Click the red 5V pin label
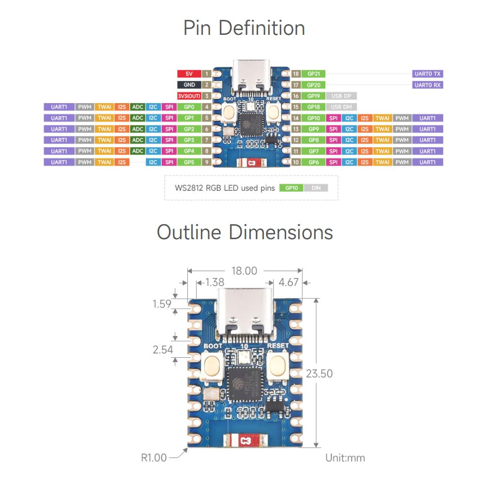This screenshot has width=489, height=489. click(x=189, y=74)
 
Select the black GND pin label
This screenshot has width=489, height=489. click(x=189, y=85)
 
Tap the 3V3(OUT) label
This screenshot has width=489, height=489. click(x=189, y=96)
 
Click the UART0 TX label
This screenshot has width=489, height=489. click(x=428, y=74)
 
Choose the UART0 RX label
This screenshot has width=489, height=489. click(x=428, y=85)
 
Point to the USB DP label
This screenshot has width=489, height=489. click(x=342, y=96)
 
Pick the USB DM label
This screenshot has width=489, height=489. click(x=342, y=107)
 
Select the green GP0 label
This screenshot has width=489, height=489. click(x=189, y=107)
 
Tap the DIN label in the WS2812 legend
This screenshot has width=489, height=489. click(x=316, y=188)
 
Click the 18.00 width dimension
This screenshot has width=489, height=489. click(x=244, y=271)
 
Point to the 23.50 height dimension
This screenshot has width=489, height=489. click(x=320, y=373)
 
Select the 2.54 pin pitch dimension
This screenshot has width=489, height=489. click(x=163, y=349)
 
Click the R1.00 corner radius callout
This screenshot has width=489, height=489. click(x=153, y=458)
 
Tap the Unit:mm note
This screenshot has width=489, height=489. click(x=345, y=458)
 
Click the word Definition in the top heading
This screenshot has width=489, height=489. click(x=261, y=28)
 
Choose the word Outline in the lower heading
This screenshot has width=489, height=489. click(x=189, y=232)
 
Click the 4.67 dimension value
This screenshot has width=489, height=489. click(x=289, y=282)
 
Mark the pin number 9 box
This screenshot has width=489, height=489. click(x=207, y=162)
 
